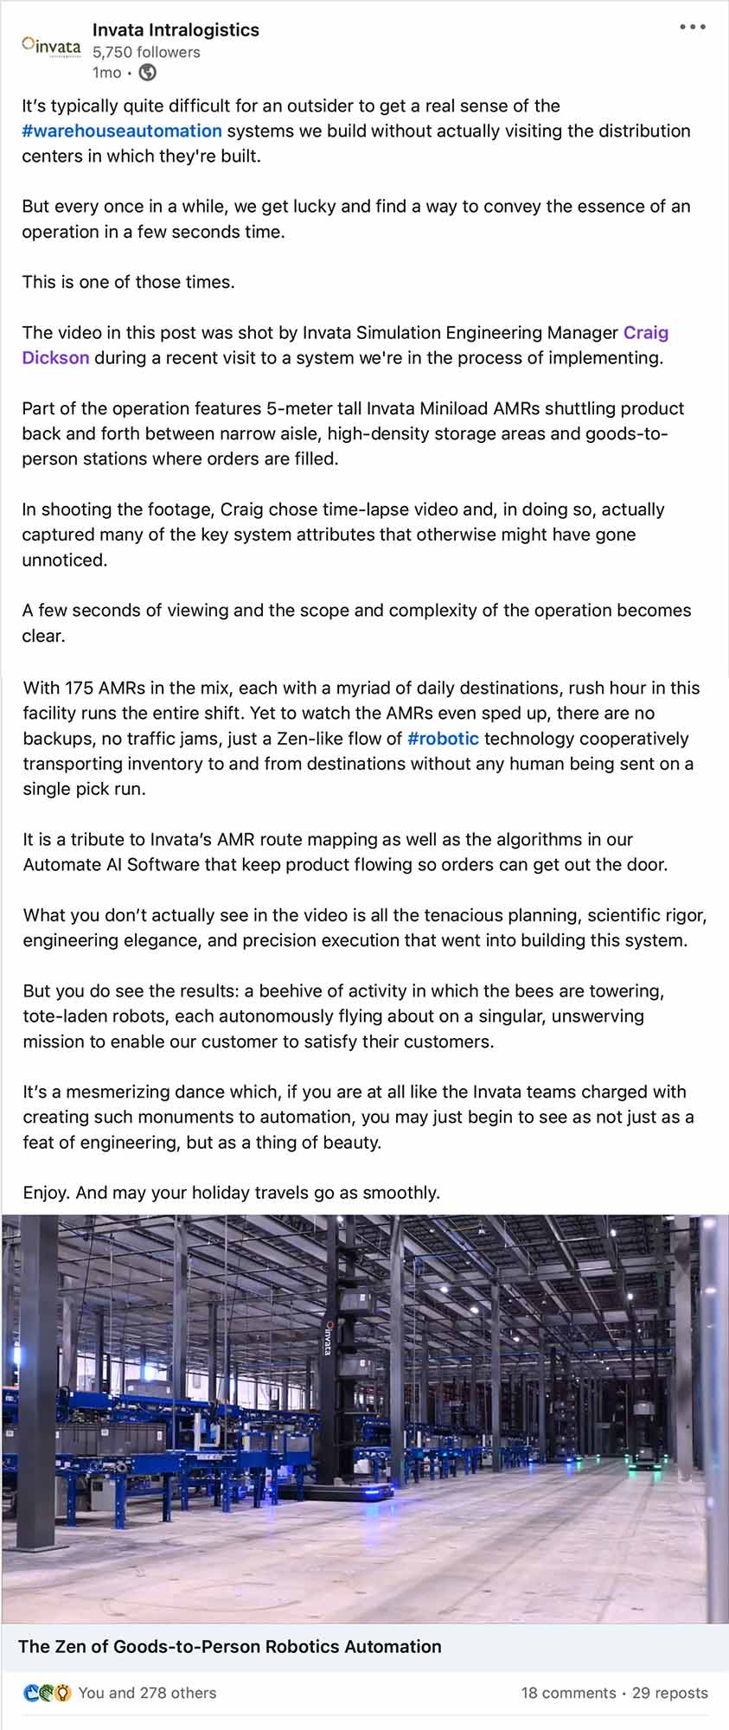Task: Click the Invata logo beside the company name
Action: click(51, 45)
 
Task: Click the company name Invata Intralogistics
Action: click(176, 29)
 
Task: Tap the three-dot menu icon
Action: click(692, 28)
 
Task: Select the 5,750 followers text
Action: click(146, 52)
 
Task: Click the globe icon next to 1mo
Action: click(148, 73)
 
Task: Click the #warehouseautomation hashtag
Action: click(122, 131)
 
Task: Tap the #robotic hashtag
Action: click(443, 739)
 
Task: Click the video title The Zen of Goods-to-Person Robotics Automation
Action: click(230, 1646)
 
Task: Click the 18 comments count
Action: click(568, 1693)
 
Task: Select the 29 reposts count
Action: click(669, 1693)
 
